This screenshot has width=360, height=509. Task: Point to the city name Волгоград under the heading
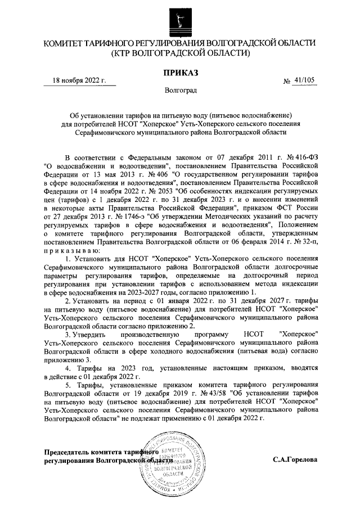[181, 90]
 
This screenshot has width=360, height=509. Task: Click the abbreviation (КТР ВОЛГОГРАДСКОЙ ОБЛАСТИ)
[180, 53]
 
